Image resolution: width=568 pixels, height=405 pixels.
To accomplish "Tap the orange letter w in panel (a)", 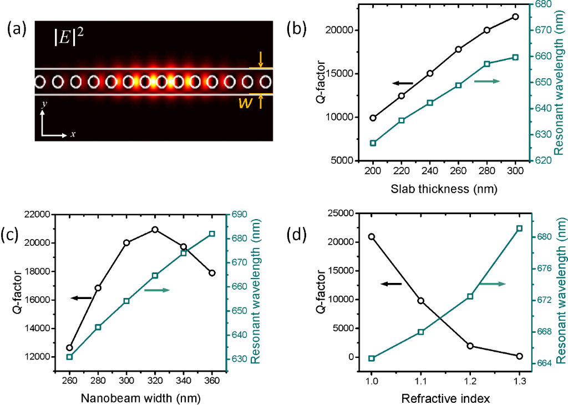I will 244,104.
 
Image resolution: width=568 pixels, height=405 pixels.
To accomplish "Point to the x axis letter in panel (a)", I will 72,135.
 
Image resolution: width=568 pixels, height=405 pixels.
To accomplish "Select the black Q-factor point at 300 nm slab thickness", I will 516,17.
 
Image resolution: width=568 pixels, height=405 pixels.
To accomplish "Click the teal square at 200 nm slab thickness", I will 373,143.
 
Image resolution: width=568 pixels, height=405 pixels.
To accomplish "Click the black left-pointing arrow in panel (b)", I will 402,83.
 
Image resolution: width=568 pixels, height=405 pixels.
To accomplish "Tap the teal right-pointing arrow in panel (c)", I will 156,290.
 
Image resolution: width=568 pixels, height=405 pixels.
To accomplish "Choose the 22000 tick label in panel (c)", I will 34,214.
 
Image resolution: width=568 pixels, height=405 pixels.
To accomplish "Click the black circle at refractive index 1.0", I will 372,237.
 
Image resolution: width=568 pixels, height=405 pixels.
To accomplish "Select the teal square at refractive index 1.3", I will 520,229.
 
